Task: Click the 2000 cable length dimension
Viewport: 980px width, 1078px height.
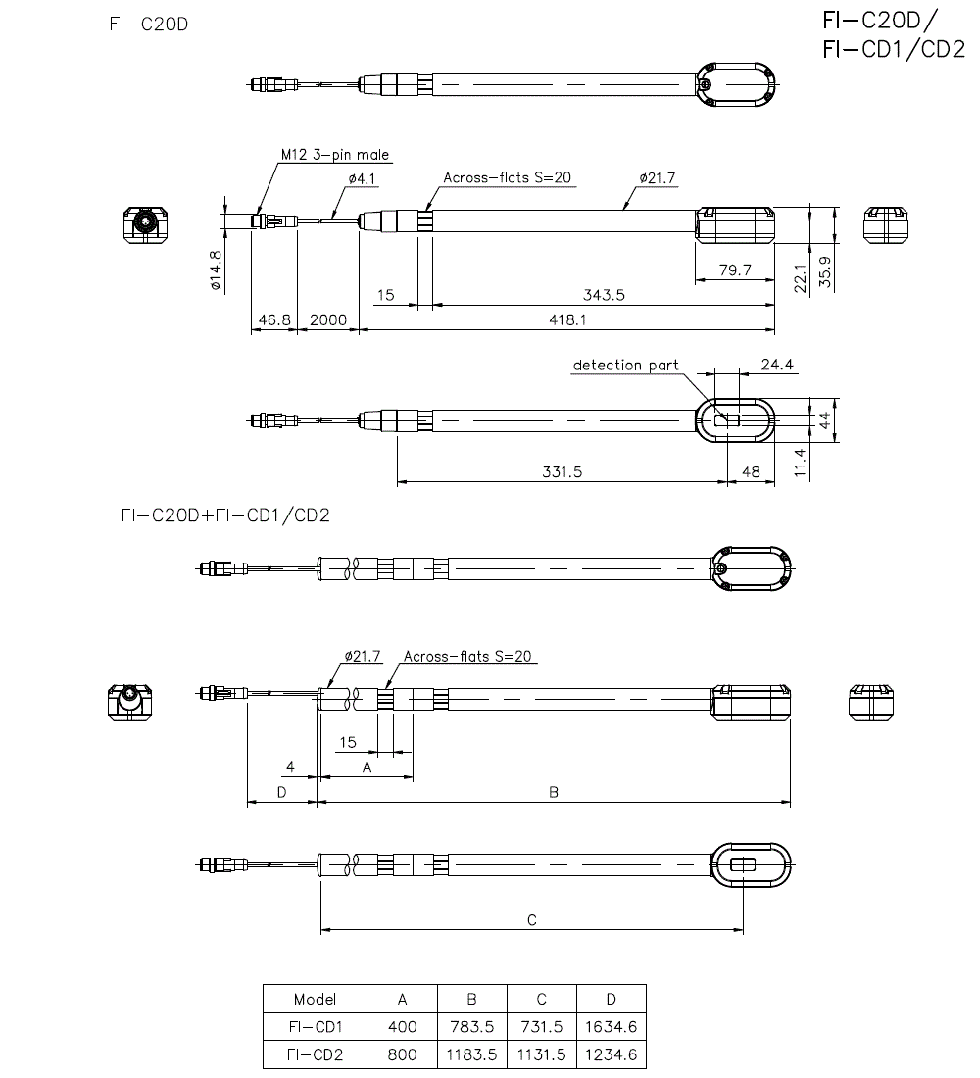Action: click(x=327, y=319)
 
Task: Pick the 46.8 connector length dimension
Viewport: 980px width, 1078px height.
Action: click(x=273, y=319)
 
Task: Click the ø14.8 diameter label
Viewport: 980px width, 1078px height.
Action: click(x=216, y=270)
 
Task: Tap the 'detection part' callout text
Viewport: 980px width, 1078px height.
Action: click(x=625, y=366)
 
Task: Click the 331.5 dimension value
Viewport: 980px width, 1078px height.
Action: click(x=562, y=471)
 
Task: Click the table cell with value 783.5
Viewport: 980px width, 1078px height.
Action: click(x=471, y=1027)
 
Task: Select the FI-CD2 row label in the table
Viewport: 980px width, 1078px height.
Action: click(x=315, y=1054)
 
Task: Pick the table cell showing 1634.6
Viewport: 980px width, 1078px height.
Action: click(x=611, y=1027)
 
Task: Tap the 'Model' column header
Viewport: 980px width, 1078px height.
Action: click(x=315, y=999)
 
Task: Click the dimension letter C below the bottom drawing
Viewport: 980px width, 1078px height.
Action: click(x=531, y=920)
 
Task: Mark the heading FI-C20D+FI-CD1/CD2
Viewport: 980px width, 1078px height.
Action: click(x=220, y=514)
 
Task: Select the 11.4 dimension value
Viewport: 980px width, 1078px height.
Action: click(x=803, y=462)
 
